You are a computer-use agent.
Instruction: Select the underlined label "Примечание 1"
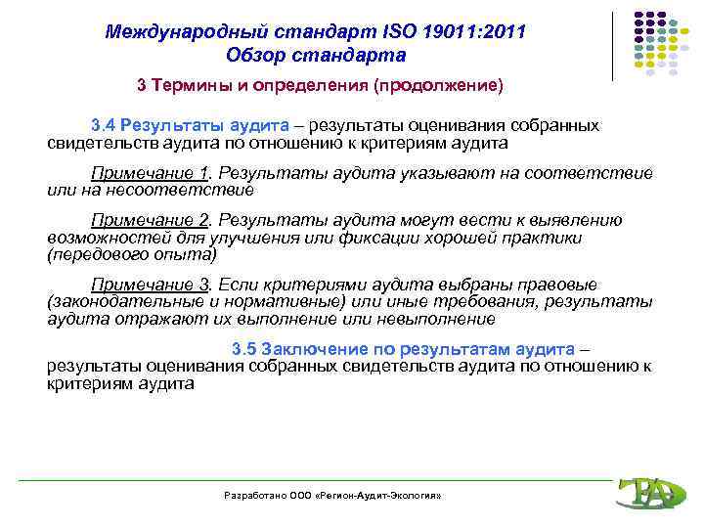click(x=163, y=174)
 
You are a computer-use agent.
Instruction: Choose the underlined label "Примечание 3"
click(x=163, y=285)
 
